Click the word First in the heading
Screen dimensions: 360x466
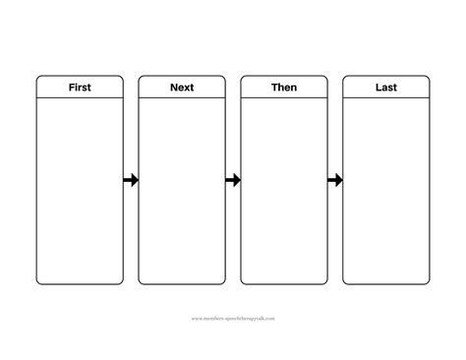(80, 88)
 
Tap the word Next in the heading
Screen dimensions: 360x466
(182, 88)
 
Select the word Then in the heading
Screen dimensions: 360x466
(284, 88)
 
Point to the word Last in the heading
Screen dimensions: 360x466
(386, 88)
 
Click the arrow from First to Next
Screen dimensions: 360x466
(131, 180)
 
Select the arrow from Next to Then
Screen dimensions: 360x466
(233, 180)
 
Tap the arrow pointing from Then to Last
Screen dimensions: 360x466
(335, 180)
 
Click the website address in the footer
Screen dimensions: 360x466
(233, 318)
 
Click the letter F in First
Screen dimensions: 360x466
(71, 88)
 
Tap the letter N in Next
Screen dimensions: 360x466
(172, 88)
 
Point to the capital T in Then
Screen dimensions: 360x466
(273, 88)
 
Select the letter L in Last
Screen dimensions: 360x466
(378, 88)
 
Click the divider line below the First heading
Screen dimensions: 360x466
(80, 99)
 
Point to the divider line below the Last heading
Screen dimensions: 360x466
(386, 99)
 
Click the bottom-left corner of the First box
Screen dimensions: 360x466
(38, 283)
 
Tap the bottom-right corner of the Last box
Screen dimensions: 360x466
(428, 283)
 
